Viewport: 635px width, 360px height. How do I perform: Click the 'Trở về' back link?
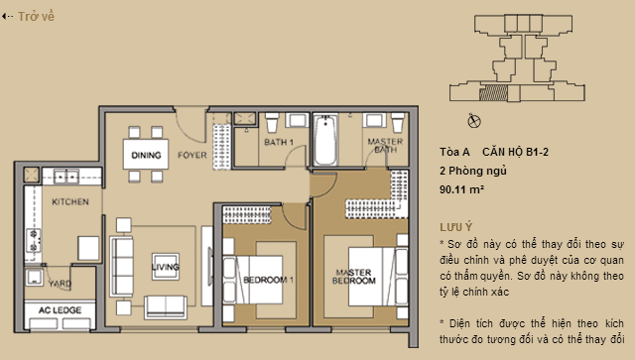pos(31,17)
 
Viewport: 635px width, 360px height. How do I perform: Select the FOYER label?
pos(191,156)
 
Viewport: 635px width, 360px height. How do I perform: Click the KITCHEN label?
pos(70,202)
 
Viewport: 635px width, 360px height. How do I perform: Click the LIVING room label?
pos(165,266)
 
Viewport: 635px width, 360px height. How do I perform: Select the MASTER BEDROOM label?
pos(353,277)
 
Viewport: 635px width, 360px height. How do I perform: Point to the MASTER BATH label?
pos(384,147)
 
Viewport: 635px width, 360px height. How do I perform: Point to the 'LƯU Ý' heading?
pos(456,226)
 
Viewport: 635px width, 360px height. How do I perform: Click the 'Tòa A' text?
pos(453,152)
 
